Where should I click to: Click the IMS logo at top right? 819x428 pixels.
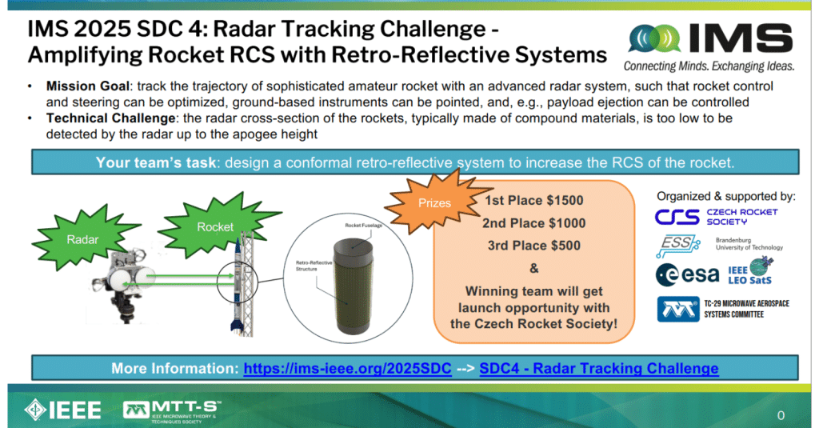pos(709,44)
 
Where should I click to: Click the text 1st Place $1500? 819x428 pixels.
pos(534,200)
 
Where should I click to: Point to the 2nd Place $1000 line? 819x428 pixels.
pos(534,223)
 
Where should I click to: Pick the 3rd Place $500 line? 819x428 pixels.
pos(534,246)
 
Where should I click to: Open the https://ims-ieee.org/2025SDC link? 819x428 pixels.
pos(347,369)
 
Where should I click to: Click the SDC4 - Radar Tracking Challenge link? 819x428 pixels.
pos(598,369)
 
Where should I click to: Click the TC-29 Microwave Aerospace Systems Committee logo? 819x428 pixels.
pos(715,309)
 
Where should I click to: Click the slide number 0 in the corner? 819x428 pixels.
pos(781,415)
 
